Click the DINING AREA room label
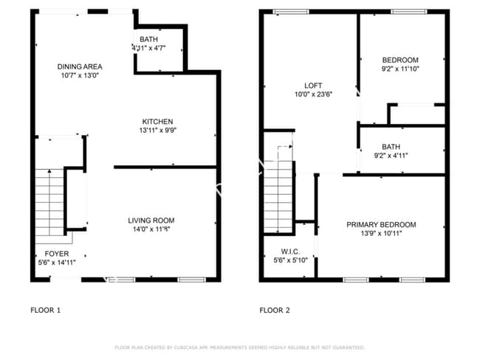click(74, 66)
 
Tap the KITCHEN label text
click(157, 122)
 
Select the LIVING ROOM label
click(151, 221)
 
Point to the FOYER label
click(57, 254)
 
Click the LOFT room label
click(314, 86)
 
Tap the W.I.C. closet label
click(289, 251)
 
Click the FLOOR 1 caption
click(45, 310)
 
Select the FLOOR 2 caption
click(274, 310)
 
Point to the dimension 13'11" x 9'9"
click(157, 131)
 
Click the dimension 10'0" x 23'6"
click(314, 94)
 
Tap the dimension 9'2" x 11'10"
click(400, 69)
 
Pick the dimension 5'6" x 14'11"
click(57, 262)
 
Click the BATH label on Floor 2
click(391, 147)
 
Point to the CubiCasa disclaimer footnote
click(240, 347)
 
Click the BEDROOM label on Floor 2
click(400, 60)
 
